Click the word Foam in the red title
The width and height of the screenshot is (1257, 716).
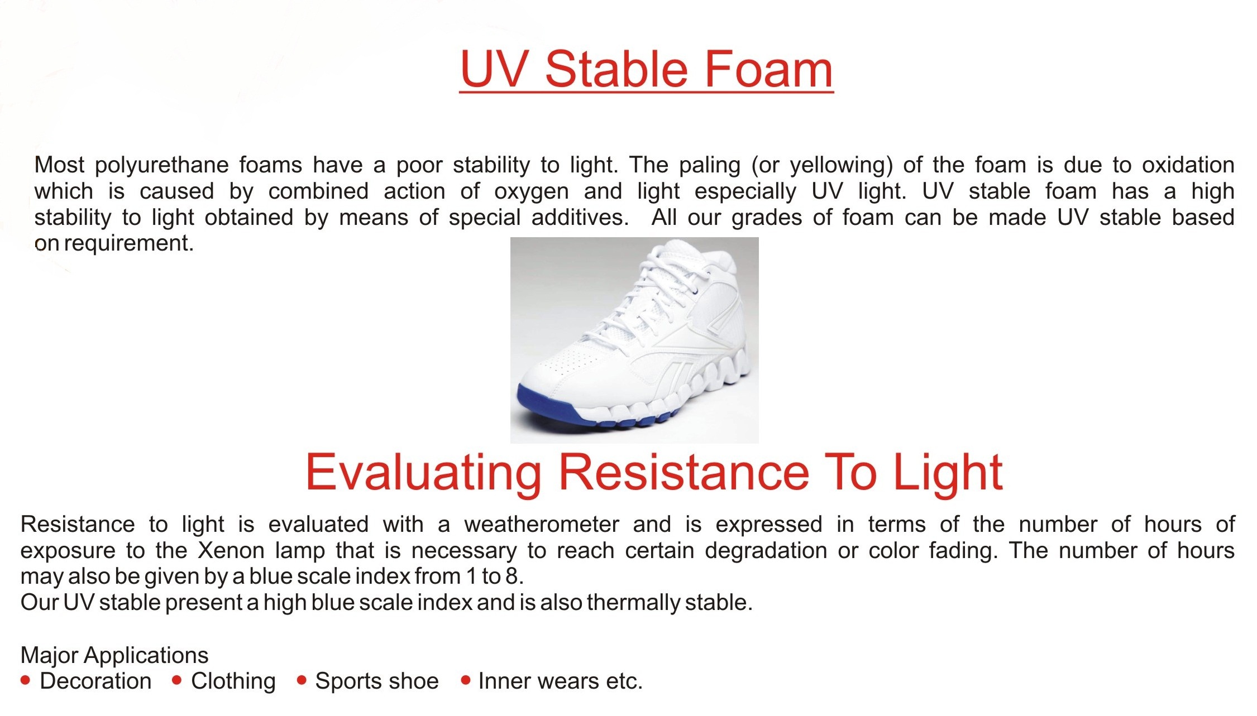pyautogui.click(x=768, y=69)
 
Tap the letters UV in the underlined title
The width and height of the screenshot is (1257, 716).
pyautogui.click(x=494, y=69)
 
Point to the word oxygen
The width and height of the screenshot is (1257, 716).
pyautogui.click(x=531, y=192)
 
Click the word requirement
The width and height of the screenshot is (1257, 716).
pyautogui.click(x=128, y=243)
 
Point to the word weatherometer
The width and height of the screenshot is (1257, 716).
pyautogui.click(x=542, y=525)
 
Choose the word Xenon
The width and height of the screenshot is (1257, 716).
pyautogui.click(x=231, y=551)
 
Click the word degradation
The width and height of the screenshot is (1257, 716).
pyautogui.click(x=766, y=551)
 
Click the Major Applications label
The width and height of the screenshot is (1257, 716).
pyautogui.click(x=114, y=655)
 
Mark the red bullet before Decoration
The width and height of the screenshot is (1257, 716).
pyautogui.click(x=25, y=680)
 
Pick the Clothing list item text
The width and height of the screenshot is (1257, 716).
pyautogui.click(x=233, y=681)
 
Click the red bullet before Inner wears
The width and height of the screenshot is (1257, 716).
pyautogui.click(x=465, y=680)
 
